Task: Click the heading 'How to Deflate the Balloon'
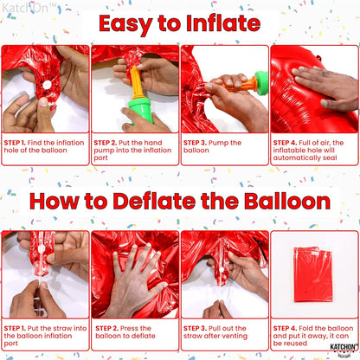point(180,202)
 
